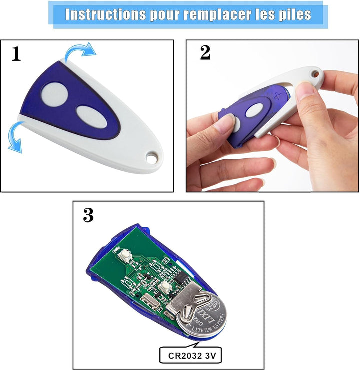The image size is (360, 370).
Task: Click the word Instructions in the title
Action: pos(102,14)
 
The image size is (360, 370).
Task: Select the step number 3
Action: pos(88,215)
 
